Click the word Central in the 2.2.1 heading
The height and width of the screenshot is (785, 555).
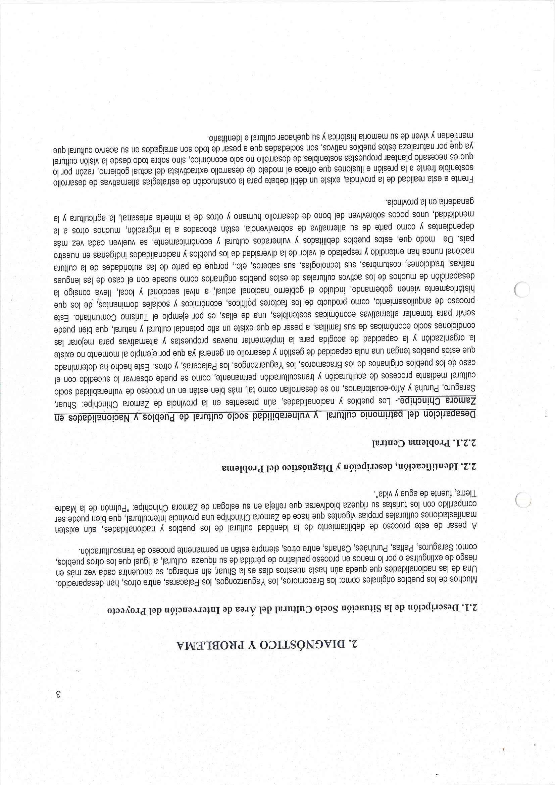coord(382,443)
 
